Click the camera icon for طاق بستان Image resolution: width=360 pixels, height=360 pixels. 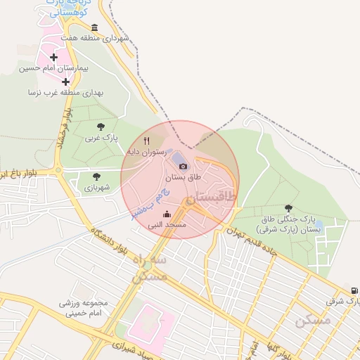pos(183,166)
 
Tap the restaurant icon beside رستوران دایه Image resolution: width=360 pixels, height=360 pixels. pos(146,141)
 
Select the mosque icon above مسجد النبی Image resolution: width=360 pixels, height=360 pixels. pos(167,214)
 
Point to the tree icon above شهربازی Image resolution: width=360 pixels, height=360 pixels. pos(96,176)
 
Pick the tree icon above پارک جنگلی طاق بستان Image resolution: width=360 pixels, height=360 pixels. pos(288,208)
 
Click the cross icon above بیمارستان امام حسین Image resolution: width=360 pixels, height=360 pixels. pos(54,57)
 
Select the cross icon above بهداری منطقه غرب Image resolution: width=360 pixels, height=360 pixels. pos(65,82)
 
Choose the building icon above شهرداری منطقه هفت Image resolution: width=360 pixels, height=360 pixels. pos(95,27)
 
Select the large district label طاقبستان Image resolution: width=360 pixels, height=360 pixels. pos(210,198)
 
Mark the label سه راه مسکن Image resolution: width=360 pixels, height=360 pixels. pos(149,268)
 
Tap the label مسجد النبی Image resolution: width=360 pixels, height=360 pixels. pos(167,225)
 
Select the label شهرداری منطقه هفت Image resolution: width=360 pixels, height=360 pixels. pos(95,38)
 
